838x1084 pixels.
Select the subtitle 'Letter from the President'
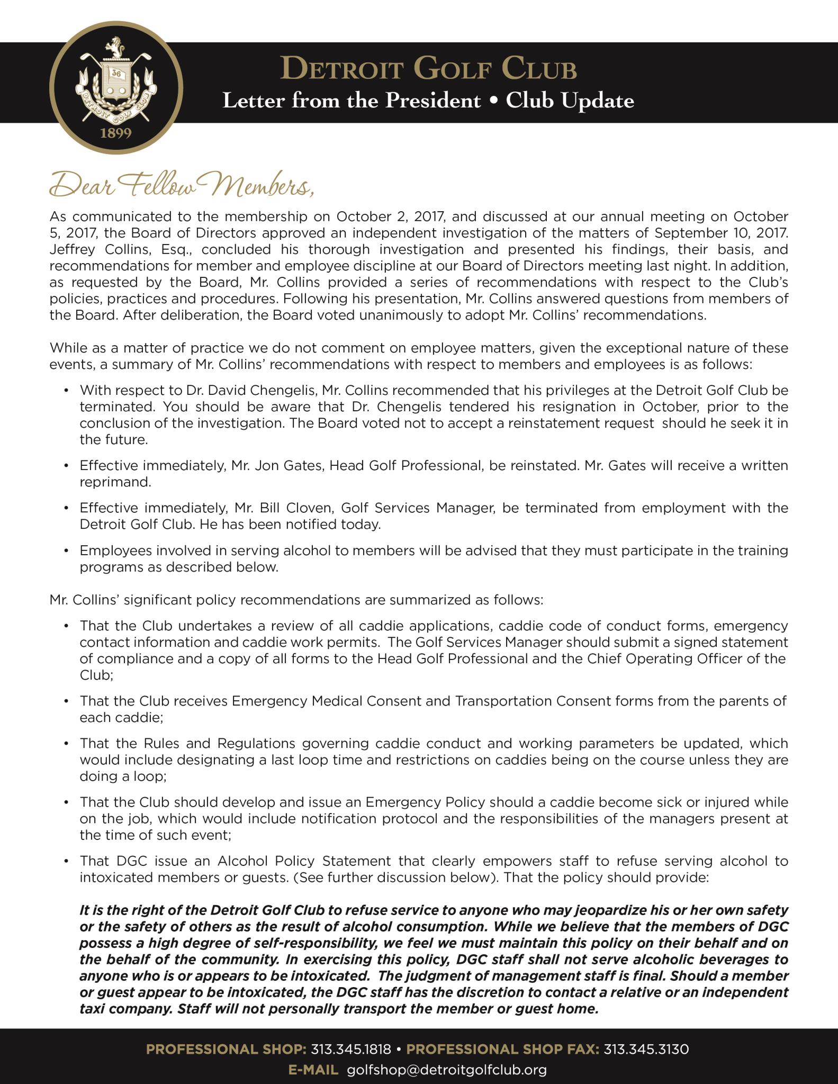pyautogui.click(x=351, y=100)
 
